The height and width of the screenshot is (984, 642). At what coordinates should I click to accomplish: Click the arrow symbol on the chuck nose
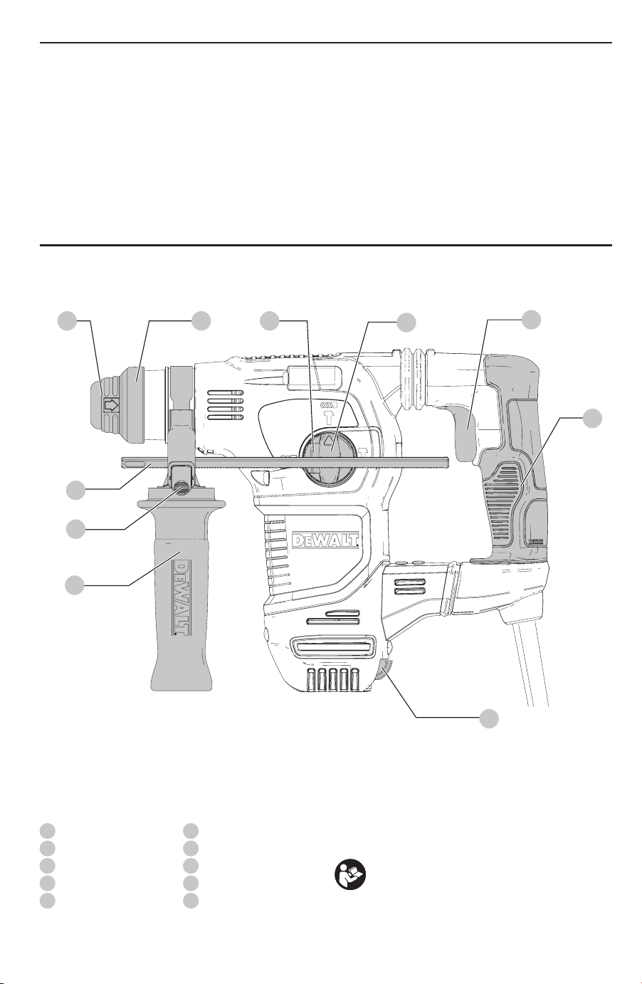(112, 405)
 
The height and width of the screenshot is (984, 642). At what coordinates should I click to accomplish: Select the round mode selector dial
(325, 458)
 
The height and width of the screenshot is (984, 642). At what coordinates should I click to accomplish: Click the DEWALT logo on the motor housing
(325, 540)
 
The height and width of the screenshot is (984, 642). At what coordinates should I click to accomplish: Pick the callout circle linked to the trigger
(532, 320)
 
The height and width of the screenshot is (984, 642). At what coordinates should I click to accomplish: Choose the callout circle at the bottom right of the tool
(489, 718)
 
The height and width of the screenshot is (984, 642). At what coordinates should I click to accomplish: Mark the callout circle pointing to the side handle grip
(75, 585)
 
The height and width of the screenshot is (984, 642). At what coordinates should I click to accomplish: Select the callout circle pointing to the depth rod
(75, 490)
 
